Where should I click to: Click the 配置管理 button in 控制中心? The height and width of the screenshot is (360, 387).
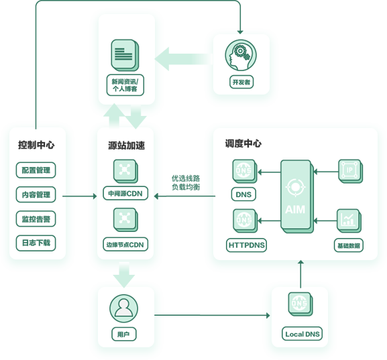pos(36,170)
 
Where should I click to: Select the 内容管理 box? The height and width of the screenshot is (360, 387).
pos(36,194)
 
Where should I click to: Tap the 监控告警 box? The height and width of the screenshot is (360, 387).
pos(36,219)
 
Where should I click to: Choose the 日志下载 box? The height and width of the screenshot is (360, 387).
pos(36,243)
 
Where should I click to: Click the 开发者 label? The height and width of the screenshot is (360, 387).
pos(241,82)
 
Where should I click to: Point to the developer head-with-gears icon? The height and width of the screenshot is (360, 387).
pos(241,55)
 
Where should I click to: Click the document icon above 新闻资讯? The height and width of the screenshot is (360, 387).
pos(125,55)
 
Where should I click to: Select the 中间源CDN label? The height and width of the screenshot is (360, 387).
pos(125,193)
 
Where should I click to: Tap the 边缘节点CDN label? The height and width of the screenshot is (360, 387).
pos(125,244)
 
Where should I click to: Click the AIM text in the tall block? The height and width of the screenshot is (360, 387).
pos(295,209)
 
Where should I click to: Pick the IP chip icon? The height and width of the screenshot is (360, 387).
pos(350,171)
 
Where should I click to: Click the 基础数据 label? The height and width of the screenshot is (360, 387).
pos(349,245)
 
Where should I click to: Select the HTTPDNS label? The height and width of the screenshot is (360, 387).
pos(246,245)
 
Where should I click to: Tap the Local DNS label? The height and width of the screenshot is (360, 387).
pos(302,334)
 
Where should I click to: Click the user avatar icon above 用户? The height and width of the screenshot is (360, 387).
pos(123,308)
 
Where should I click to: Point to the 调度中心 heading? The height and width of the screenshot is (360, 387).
pos(243,143)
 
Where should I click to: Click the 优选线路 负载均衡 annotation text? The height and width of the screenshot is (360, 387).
pos(186,182)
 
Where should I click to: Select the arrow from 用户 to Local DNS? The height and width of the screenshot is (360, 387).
pos(212,315)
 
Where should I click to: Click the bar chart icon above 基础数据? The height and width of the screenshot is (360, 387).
pos(349,221)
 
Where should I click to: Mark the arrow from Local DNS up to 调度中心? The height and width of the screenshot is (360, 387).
pos(300,274)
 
